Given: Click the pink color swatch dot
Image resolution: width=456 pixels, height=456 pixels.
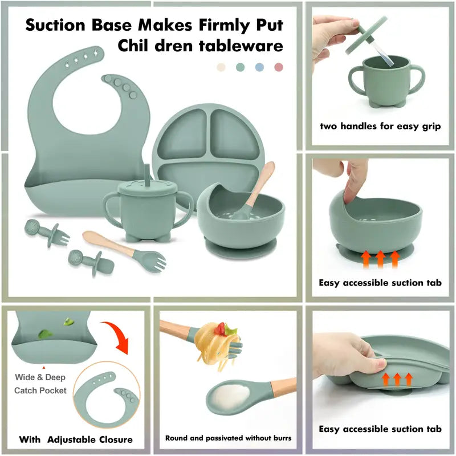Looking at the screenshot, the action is coord(279,67).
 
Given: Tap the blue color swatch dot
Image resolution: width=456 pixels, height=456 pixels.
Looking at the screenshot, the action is coord(259,67).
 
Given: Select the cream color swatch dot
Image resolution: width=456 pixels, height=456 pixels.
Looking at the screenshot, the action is coord(221,67).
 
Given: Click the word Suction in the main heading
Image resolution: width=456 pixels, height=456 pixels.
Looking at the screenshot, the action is coord(55,25).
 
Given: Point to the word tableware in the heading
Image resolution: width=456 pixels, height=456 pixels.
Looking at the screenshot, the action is coord(241,46).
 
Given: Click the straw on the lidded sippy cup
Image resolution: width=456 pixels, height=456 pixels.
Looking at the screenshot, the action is coord(147,174).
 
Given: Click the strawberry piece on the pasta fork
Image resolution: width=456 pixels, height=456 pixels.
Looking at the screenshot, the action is coord(221,329).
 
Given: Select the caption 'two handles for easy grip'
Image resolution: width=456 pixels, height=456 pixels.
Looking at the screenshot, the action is coord(380,126).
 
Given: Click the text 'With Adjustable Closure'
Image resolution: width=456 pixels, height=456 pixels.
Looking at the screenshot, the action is coord(76,439).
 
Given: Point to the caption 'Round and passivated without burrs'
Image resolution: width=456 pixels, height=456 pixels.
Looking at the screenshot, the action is coord(229,438).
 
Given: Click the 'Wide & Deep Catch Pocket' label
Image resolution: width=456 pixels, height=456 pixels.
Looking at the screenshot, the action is coord(40,384).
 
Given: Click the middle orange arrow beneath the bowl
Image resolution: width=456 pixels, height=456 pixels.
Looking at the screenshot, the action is coord(380,259).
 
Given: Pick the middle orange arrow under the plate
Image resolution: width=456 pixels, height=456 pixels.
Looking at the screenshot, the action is coord(397,379).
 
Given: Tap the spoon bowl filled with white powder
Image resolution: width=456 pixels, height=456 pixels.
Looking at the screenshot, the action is coord(225,396).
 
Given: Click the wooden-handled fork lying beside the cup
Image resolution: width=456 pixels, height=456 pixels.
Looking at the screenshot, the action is coord(124,251).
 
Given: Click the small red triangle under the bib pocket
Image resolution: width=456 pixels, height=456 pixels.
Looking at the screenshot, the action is coord(44,368).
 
